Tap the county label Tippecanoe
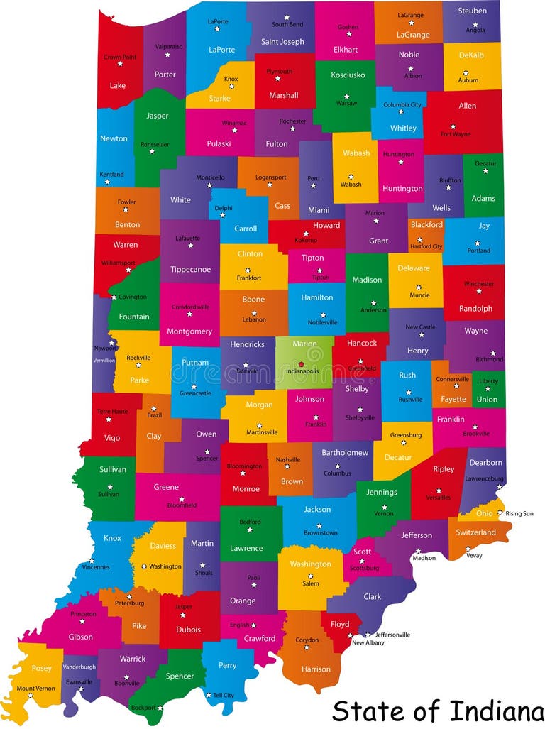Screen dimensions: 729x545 click(190, 270)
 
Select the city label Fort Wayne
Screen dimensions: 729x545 click(456, 134)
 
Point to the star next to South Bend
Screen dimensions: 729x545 click(287, 17)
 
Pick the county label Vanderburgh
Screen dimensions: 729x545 click(79, 667)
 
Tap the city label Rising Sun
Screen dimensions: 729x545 click(519, 513)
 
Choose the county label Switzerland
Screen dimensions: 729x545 click(475, 532)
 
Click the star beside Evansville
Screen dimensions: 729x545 click(81, 689)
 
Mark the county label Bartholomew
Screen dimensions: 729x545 click(345, 453)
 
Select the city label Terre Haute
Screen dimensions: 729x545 click(112, 412)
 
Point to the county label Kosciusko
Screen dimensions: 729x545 click(348, 75)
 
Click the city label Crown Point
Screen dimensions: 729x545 click(121, 57)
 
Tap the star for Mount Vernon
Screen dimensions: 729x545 click(30, 696)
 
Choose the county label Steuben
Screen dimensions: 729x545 click(472, 11)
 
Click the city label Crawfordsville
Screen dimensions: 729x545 click(190, 307)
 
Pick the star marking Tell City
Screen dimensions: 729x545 click(209, 695)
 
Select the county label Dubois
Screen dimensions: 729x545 click(188, 630)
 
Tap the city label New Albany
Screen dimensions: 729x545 click(368, 642)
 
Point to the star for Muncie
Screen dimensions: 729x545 click(419, 287)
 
